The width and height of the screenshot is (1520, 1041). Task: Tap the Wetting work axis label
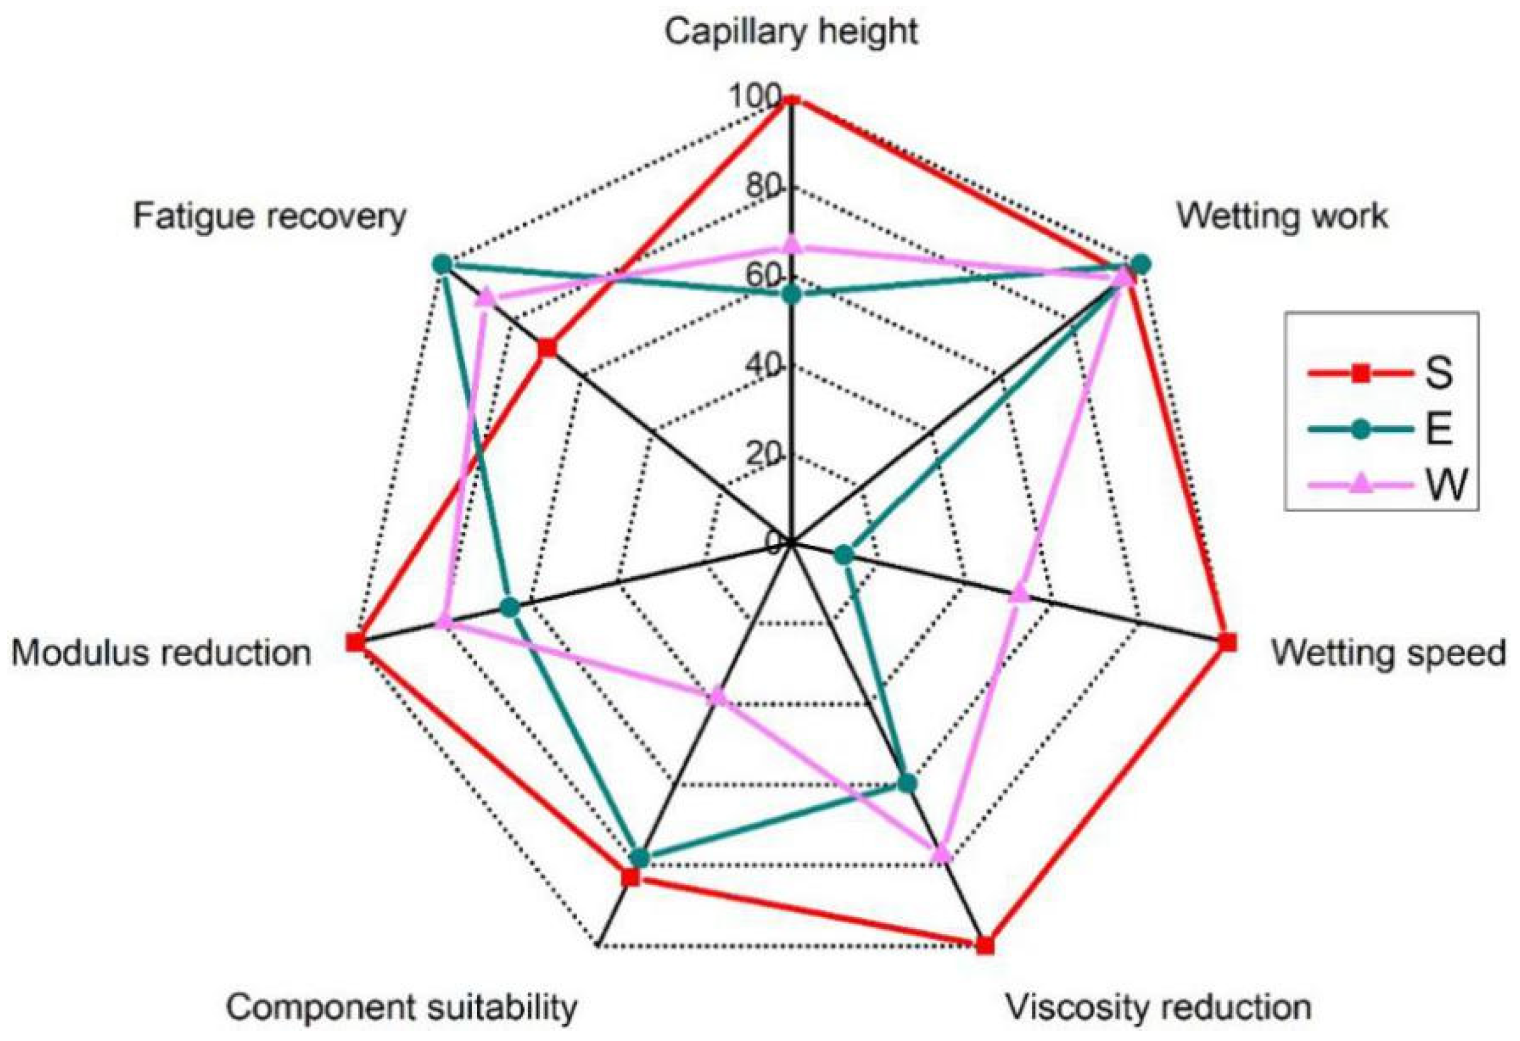pos(1282,216)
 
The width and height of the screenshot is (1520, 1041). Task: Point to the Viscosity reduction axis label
pos(1158,1007)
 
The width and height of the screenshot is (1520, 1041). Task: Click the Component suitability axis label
pos(402,1007)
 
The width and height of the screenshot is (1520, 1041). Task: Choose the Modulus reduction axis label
pos(161,652)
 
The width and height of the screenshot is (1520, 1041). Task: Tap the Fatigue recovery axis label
pos(269,216)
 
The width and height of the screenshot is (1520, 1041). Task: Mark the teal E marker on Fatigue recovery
pos(442,264)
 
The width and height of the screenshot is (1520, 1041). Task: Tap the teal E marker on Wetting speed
pos(844,556)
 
